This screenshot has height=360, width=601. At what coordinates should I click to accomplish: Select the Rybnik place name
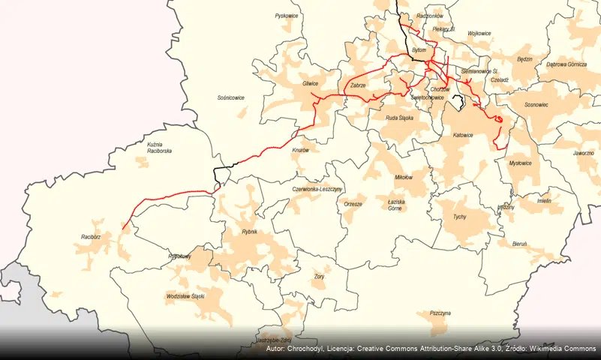pos(249,232)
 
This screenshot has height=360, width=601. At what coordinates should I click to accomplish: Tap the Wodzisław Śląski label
pos(185,297)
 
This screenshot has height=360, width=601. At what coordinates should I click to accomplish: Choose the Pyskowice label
pos(287,16)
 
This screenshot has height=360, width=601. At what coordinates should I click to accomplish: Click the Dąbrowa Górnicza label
pos(567,64)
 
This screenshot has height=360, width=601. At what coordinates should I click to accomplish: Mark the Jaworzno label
pos(584,152)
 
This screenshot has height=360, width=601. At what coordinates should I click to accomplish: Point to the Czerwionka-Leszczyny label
pos(317,190)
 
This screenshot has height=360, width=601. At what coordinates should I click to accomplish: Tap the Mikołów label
pos(404,178)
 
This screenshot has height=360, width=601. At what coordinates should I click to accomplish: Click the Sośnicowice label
pos(231,97)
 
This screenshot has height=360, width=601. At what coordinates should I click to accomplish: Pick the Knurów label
pos(300,150)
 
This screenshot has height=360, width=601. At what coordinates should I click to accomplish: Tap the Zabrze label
pos(358,85)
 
